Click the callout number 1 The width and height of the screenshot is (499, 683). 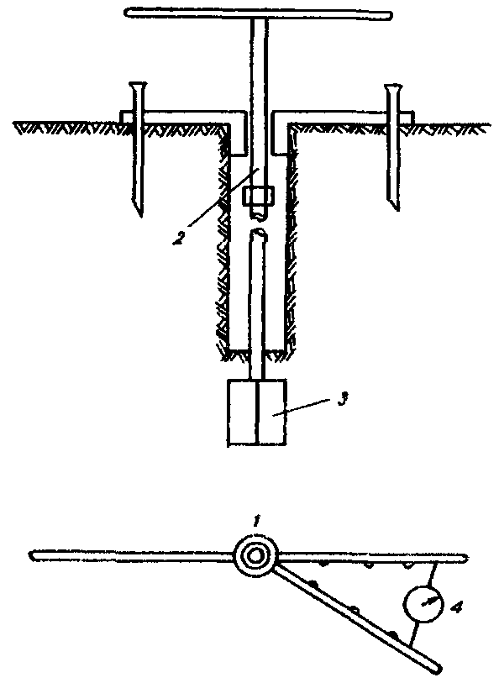[257, 520]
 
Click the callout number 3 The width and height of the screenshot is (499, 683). [343, 400]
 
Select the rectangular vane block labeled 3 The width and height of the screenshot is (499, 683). [257, 412]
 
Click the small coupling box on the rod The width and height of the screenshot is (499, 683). [259, 196]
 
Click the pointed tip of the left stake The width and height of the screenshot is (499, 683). [139, 215]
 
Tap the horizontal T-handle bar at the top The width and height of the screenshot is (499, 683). [259, 13]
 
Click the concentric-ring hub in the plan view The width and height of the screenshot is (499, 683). [255, 556]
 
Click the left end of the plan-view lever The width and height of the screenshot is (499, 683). [31, 555]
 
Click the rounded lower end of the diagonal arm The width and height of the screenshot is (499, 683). [438, 669]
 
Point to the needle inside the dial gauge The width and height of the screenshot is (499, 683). [427, 602]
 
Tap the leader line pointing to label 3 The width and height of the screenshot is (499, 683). [302, 408]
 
